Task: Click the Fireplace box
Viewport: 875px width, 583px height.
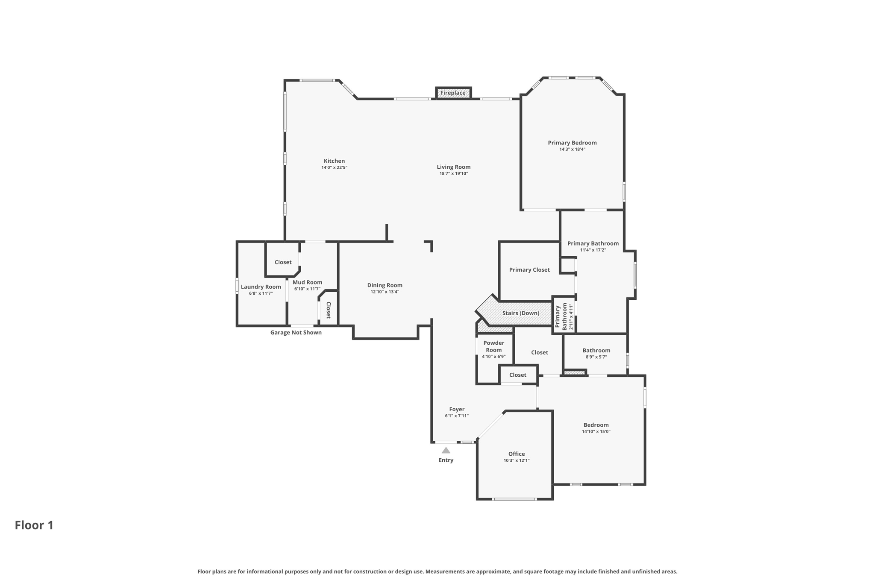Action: pos(453,93)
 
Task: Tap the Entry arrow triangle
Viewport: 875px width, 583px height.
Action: pos(446,451)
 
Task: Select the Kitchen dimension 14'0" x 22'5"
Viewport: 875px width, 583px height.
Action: pos(334,167)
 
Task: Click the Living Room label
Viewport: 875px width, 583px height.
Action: pos(453,167)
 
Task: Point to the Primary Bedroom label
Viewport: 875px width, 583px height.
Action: pos(572,143)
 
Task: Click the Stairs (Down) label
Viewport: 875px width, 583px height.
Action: pos(520,313)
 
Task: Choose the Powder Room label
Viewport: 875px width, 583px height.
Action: pos(493,346)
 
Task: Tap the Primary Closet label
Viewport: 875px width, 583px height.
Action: pos(529,270)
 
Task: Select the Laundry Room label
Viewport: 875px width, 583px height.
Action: pos(261,287)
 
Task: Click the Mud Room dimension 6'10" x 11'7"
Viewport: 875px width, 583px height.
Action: pos(307,289)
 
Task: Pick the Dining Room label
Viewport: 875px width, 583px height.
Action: pos(385,285)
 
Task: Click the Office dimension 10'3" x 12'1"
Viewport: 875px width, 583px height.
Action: pos(516,460)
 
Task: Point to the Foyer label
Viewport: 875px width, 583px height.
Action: pos(457,409)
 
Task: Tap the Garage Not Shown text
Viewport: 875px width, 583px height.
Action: pos(296,332)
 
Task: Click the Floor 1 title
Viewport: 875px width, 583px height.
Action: pos(34,525)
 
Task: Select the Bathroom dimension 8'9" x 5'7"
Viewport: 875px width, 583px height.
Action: pos(596,357)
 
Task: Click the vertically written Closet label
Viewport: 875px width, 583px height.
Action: pos(329,310)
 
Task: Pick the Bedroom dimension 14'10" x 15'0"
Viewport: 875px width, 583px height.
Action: pos(596,431)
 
